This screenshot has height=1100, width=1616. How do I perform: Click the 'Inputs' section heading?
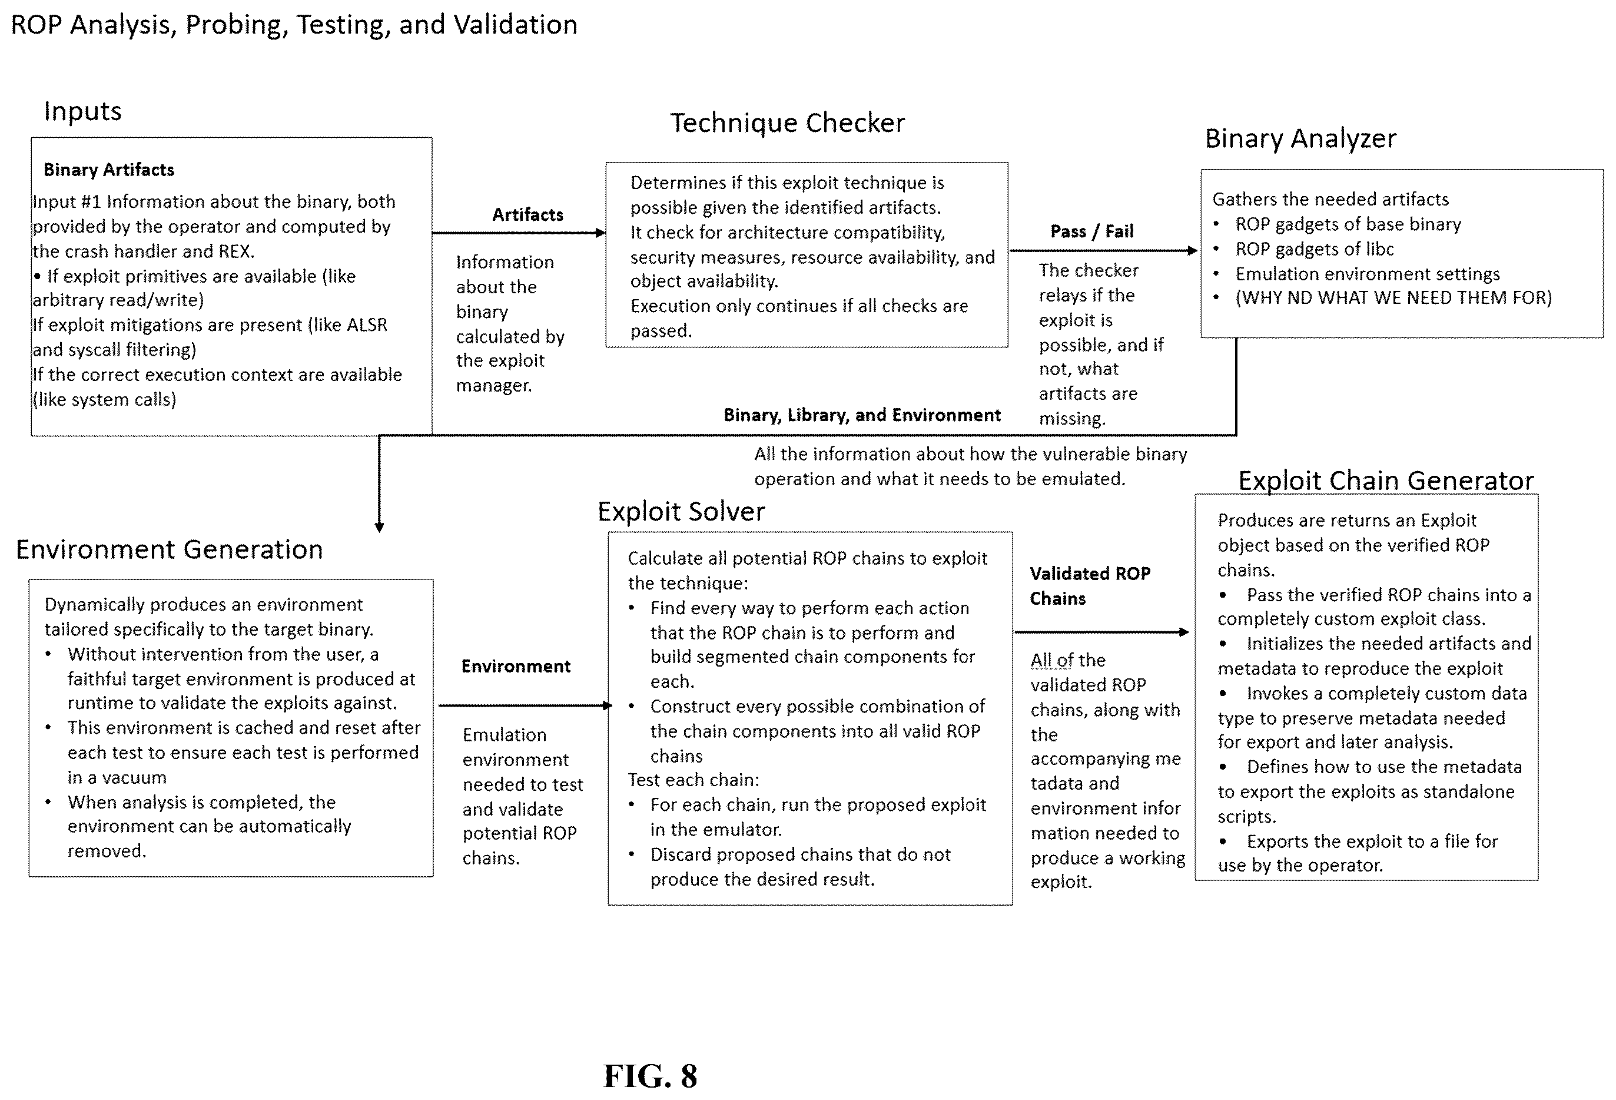(83, 111)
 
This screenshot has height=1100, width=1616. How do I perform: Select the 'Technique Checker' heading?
(787, 123)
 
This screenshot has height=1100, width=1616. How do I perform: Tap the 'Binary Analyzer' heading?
(1300, 139)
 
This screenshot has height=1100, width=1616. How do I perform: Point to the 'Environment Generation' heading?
(170, 549)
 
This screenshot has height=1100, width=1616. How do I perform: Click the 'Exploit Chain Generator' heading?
(1386, 481)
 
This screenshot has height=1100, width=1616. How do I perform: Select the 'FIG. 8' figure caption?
(650, 1076)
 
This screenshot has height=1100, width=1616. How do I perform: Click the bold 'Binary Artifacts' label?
(109, 170)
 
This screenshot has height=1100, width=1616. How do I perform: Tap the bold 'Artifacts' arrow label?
(527, 215)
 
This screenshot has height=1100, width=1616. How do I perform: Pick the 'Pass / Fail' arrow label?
(1091, 231)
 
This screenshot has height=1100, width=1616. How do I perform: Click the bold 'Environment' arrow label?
(516, 666)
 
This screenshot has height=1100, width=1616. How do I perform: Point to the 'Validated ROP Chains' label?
(1090, 585)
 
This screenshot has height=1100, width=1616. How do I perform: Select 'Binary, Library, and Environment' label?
(862, 415)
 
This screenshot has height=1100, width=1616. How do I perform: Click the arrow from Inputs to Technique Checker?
(519, 233)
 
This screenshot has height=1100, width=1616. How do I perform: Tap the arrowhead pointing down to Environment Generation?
(379, 528)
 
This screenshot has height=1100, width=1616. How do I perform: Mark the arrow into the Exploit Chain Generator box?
(1102, 632)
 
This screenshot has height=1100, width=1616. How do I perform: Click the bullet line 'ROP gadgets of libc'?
(1314, 249)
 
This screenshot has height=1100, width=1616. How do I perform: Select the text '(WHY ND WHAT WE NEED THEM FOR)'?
(1393, 297)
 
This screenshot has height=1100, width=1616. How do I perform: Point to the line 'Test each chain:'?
(693, 780)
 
